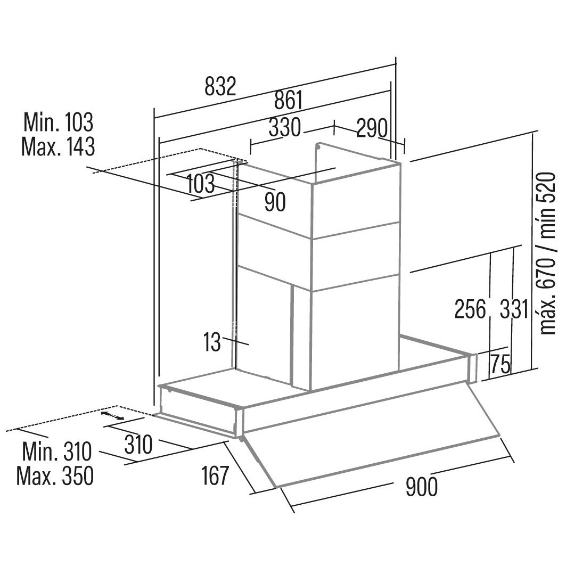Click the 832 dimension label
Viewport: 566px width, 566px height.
[x=220, y=86]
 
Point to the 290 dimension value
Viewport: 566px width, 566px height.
[x=372, y=128]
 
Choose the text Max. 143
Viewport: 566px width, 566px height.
[x=58, y=146]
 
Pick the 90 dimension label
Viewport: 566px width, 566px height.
[x=275, y=202]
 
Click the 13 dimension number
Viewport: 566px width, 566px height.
[x=212, y=342]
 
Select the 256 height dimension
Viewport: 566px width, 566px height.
[x=470, y=309]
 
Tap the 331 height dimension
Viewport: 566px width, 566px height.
[x=514, y=309]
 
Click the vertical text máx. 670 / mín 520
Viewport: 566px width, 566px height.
[x=547, y=254]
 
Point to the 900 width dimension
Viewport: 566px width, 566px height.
[x=422, y=487]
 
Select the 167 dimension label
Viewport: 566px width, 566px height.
[x=215, y=475]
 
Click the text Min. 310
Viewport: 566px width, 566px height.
[x=57, y=451]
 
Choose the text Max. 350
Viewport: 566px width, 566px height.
[x=55, y=476]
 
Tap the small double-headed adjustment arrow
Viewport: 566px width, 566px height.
[x=113, y=415]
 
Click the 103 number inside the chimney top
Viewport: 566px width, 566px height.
[x=201, y=183]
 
